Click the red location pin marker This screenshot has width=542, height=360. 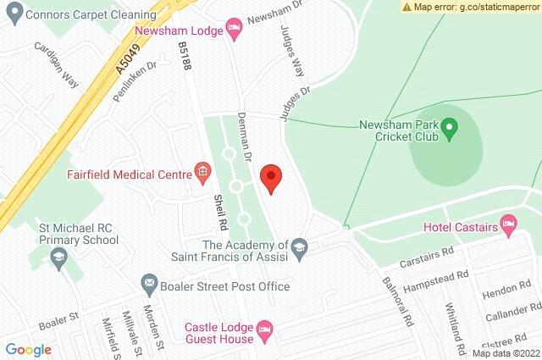tap(270, 178)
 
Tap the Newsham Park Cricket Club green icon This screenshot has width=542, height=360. tap(450, 129)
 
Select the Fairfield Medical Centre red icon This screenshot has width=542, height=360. tap(202, 173)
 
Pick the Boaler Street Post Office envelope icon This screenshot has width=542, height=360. tap(149, 282)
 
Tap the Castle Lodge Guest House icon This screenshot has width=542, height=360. tap(264, 327)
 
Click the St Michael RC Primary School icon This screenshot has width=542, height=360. tap(58, 258)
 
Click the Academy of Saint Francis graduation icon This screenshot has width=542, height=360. tap(300, 246)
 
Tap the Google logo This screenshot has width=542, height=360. tap(29, 350)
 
